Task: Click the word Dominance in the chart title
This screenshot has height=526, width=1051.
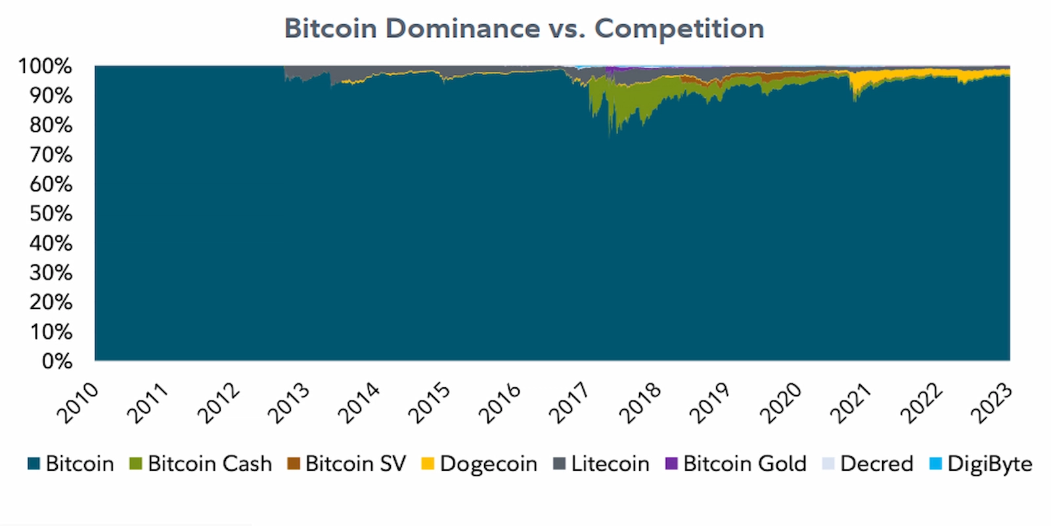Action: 462,29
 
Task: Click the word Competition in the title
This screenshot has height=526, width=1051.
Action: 679,29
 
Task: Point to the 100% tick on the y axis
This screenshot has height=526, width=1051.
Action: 45,66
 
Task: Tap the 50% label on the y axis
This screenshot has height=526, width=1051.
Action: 51,214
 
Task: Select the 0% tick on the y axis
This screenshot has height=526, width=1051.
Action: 56,361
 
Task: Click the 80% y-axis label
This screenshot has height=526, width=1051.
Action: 51,125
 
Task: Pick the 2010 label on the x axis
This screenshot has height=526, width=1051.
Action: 78,402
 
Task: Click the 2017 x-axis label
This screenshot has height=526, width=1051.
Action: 570,402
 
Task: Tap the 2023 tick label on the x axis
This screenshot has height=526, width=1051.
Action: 991,402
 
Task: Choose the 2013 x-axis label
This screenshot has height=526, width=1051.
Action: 289,402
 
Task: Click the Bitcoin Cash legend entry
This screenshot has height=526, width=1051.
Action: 209,464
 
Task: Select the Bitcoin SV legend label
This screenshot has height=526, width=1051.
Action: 355,464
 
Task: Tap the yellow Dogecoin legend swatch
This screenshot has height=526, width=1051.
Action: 428,464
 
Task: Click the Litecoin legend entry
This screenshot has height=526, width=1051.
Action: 609,464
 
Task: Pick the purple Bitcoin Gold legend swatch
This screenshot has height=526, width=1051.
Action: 671,464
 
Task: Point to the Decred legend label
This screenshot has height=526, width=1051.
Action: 876,464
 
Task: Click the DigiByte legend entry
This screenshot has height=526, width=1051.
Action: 989,464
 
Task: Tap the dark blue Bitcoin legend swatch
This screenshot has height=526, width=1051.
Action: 34,464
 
